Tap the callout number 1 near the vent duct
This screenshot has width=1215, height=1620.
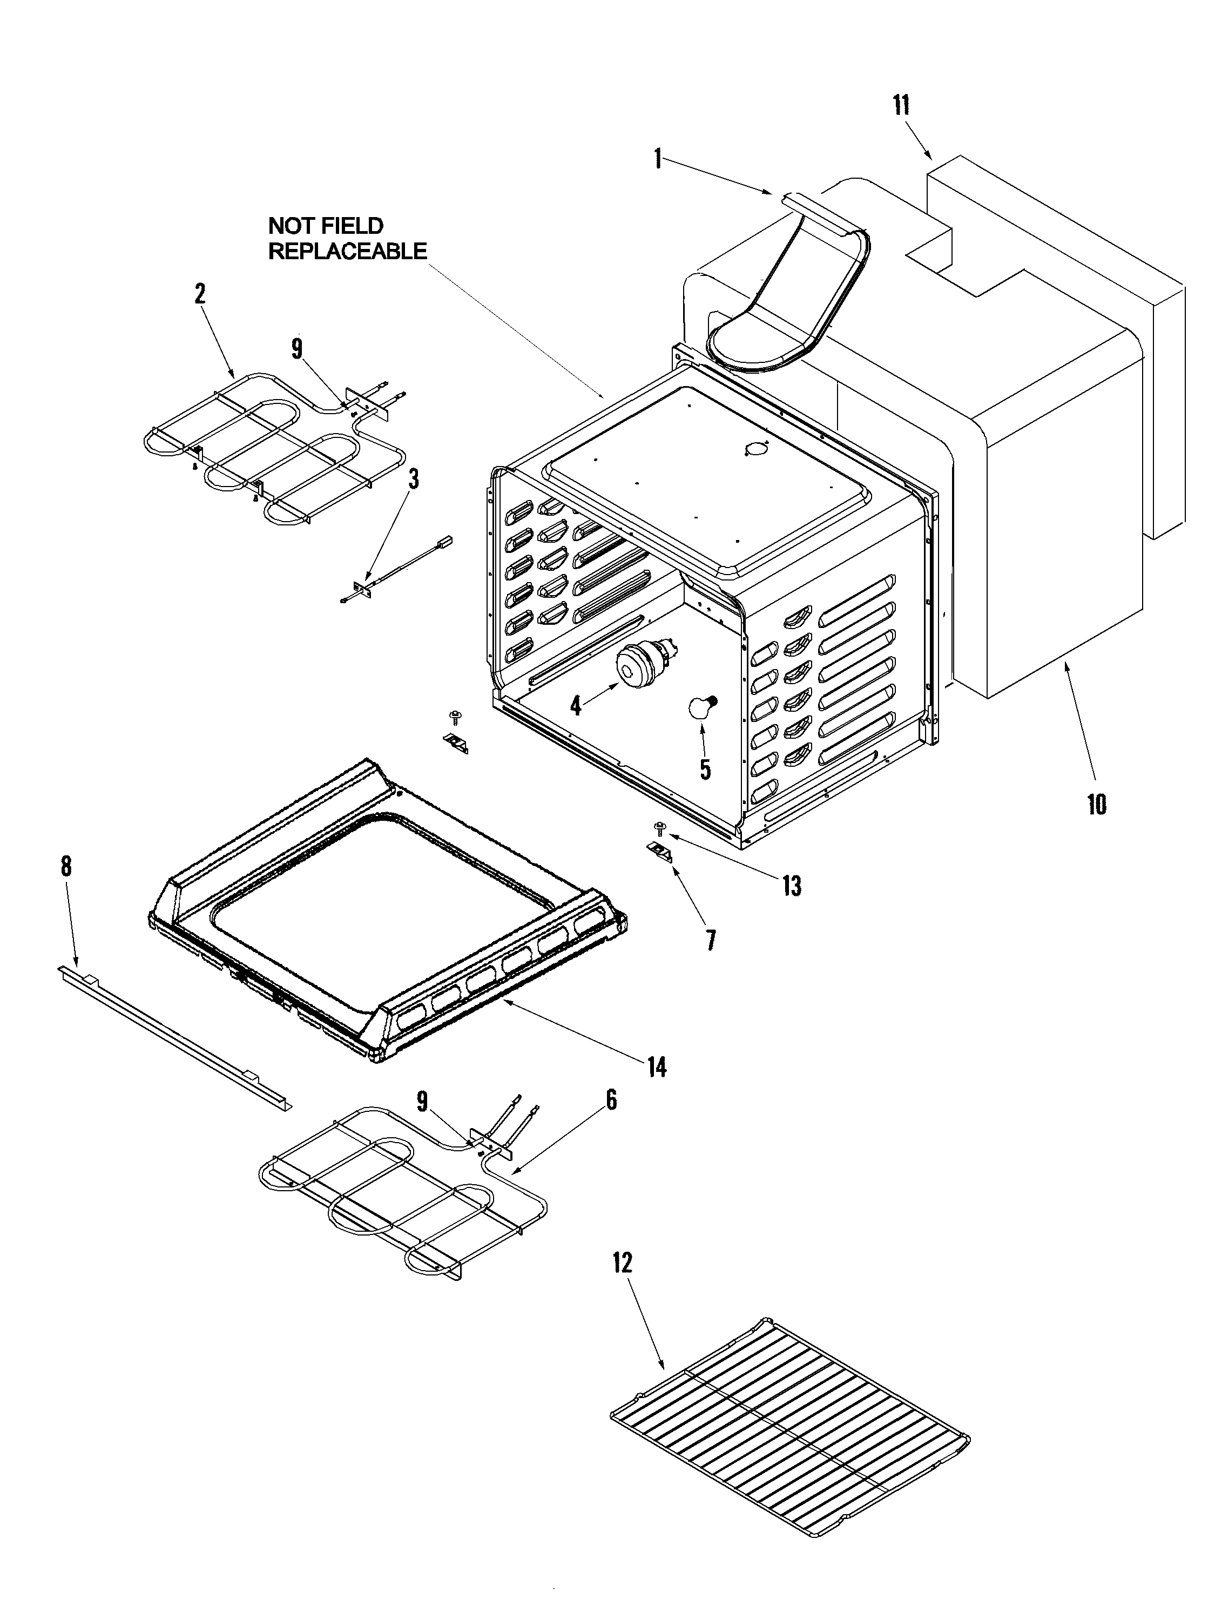click(x=658, y=158)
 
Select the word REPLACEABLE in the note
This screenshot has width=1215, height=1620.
click(x=347, y=251)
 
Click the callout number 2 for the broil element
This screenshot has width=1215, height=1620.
click(x=200, y=294)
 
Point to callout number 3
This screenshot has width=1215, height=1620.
click(x=414, y=480)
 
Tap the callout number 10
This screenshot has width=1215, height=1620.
click(x=1096, y=804)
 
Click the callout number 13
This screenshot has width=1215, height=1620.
click(x=792, y=886)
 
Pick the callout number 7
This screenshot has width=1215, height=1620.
click(x=711, y=940)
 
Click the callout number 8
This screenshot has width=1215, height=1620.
click(x=66, y=866)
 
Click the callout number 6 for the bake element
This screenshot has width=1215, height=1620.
click(x=611, y=1099)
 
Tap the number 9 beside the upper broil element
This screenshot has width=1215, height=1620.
click(x=296, y=349)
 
